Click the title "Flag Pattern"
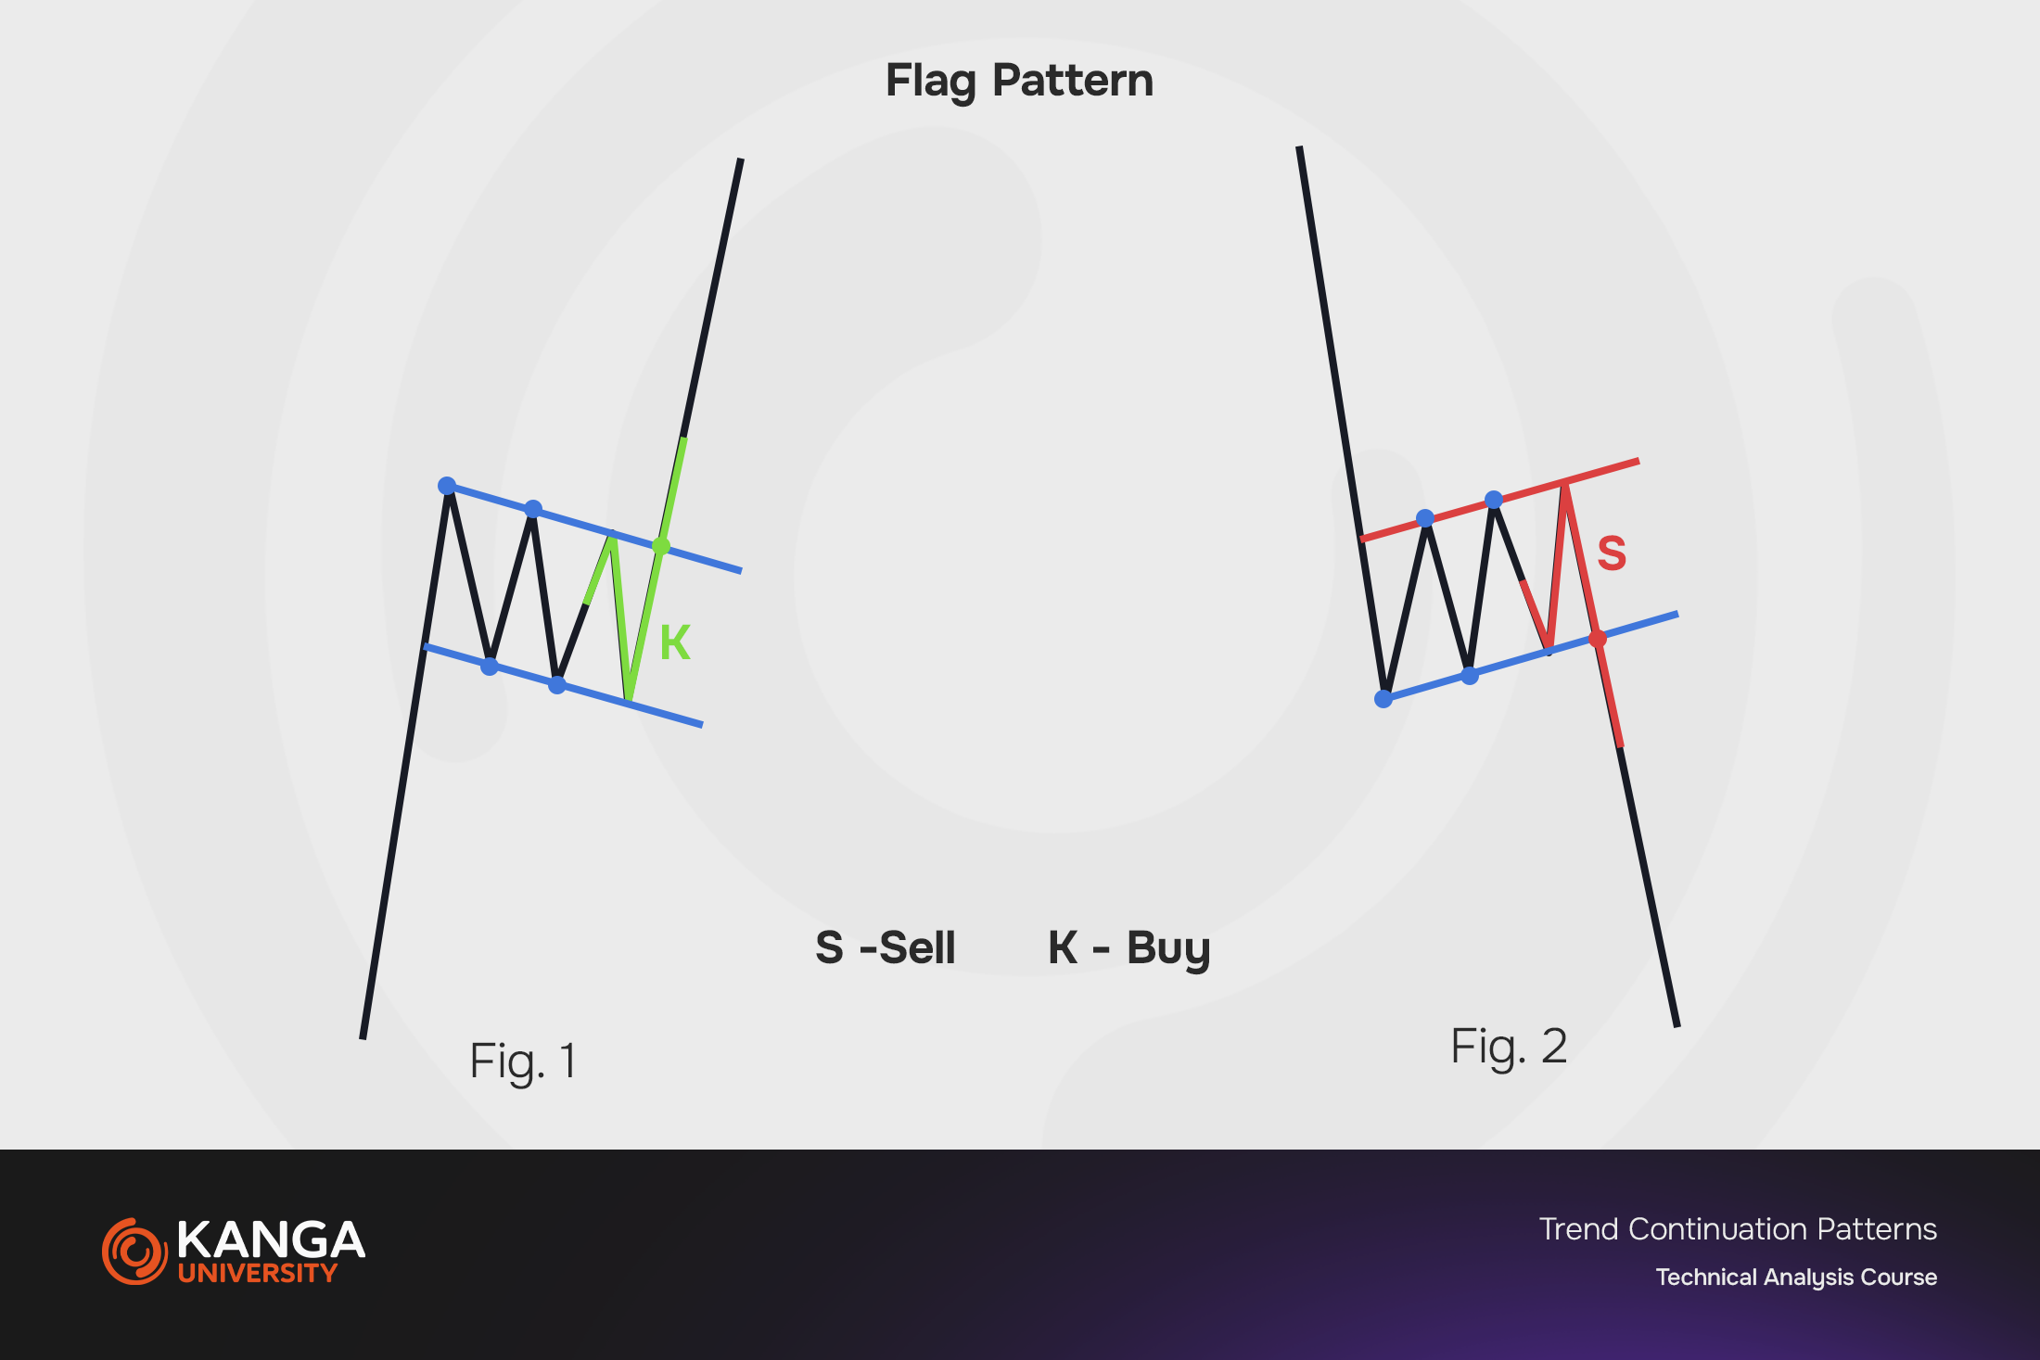pyautogui.click(x=1019, y=81)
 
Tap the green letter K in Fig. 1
pyautogui.click(x=675, y=642)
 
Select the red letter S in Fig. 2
pyautogui.click(x=1612, y=553)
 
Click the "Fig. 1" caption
pyautogui.click(x=523, y=1061)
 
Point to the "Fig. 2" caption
pyautogui.click(x=1509, y=1047)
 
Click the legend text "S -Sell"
pyautogui.click(x=886, y=947)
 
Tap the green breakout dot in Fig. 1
pyautogui.click(x=661, y=546)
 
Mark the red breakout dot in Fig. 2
pyautogui.click(x=1598, y=639)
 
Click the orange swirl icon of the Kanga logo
pyautogui.click(x=134, y=1252)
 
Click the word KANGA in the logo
pyautogui.click(x=271, y=1239)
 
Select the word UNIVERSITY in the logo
pyautogui.click(x=258, y=1273)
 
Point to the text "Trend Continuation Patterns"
pyautogui.click(x=1738, y=1229)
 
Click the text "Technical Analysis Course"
pyautogui.click(x=1796, y=1277)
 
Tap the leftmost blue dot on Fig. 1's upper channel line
pyautogui.click(x=447, y=486)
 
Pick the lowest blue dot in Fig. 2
pyautogui.click(x=1383, y=699)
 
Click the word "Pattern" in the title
pyautogui.click(x=1073, y=81)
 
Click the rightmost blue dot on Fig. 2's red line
pyautogui.click(x=1494, y=501)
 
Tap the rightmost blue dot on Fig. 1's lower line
pyautogui.click(x=557, y=685)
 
